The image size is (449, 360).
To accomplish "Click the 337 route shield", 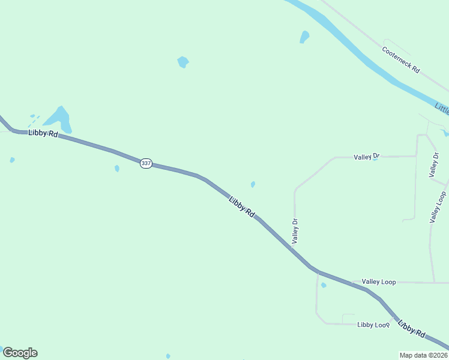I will coord(146,163).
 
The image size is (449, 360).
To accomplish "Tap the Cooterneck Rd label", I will coord(401,59).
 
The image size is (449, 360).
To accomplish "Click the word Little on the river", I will coord(442,109).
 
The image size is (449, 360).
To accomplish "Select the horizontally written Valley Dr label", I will coord(367,157).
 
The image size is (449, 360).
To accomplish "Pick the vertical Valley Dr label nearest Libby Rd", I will coord(295,230).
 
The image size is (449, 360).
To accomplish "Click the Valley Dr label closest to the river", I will coord(434,164).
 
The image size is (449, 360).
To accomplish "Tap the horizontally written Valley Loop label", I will coord(379,281).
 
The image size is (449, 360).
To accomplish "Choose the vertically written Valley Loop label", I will coord(438,207).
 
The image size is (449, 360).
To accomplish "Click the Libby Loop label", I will coord(373,325).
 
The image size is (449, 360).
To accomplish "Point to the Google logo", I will coord(20,353).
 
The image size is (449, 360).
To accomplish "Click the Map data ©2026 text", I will coord(424,355).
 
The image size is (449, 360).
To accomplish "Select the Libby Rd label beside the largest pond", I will coord(43,134).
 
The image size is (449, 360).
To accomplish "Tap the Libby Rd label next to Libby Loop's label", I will coord(412,328).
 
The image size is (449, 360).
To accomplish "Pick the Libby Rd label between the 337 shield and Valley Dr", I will coord(243,206).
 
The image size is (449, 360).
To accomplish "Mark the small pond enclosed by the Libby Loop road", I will coord(324,285).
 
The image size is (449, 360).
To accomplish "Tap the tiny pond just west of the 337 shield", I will coord(117,169).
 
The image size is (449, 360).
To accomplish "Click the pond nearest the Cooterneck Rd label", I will coord(304,37).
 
